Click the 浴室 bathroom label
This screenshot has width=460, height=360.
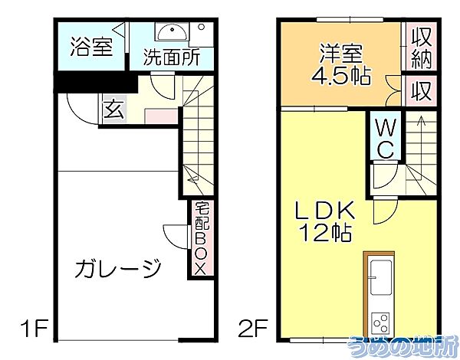click(x=92, y=47)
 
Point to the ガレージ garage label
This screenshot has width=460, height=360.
click(x=118, y=269)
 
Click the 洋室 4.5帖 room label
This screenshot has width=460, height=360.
click(x=341, y=64)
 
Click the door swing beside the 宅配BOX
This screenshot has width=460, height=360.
click(x=175, y=234)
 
